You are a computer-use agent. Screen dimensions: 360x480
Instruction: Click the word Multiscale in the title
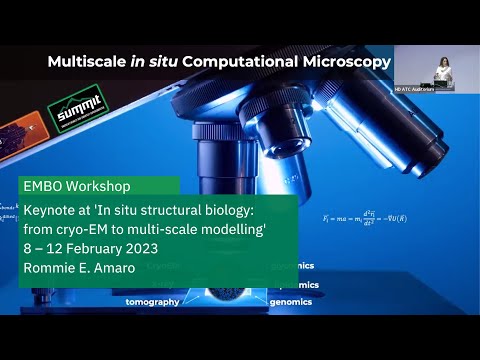[x=84, y=62]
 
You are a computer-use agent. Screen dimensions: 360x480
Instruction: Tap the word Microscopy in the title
[x=343, y=62]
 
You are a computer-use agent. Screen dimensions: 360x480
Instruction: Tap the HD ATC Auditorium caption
[x=444, y=89]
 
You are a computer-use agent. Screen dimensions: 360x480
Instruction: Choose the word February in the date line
[x=112, y=247]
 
